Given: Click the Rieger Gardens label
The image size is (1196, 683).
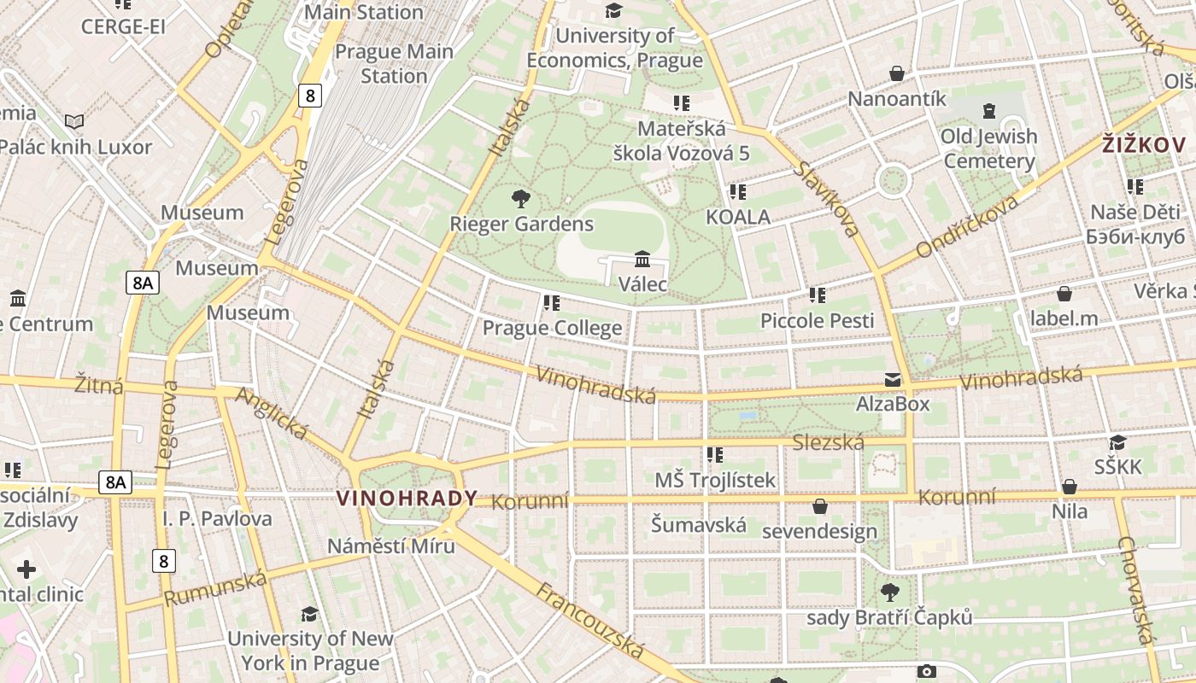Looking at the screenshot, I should (x=521, y=225).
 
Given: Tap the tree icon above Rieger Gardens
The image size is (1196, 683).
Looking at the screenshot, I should (x=520, y=200).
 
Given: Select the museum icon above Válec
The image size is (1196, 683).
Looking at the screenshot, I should (x=642, y=259).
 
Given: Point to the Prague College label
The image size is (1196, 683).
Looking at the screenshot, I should (x=552, y=328).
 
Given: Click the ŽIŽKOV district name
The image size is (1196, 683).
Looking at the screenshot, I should (x=1144, y=144).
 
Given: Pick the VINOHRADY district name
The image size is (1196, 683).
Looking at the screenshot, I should (x=407, y=499).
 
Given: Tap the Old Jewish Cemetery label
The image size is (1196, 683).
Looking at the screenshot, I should (x=989, y=149).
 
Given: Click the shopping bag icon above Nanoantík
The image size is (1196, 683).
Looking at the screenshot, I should (x=897, y=74).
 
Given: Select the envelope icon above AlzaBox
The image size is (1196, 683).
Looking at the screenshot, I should (x=893, y=380).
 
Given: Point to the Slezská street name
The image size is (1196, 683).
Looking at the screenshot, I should (x=828, y=442).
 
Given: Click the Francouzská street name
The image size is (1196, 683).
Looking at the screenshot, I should (x=589, y=621).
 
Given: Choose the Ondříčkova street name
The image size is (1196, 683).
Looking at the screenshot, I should (x=967, y=226).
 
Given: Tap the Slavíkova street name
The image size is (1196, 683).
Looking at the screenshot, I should (x=825, y=198).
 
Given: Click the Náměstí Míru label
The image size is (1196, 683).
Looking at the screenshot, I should (x=391, y=546).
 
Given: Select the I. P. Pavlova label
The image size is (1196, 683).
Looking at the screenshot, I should (x=217, y=518).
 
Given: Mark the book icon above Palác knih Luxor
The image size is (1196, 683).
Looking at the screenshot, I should (x=75, y=122).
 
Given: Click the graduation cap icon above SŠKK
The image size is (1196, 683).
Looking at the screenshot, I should (x=1117, y=442).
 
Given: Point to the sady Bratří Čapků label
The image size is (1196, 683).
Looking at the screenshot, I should (x=889, y=616).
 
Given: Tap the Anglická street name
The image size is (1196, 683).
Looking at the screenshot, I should (x=271, y=413).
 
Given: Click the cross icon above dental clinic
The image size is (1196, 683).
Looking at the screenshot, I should (x=26, y=569).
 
